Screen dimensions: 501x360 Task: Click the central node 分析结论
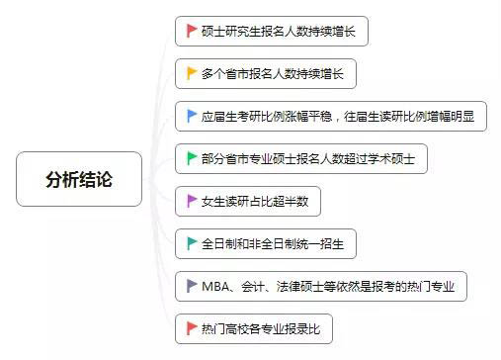click(79, 179)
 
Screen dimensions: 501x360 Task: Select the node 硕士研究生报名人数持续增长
click(272, 32)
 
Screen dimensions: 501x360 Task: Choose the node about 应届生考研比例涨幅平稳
click(331, 117)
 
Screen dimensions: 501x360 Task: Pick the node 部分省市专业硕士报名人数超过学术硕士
click(301, 158)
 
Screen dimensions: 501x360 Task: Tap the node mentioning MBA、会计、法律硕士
click(321, 286)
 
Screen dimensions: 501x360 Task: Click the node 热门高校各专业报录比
click(260, 327)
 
